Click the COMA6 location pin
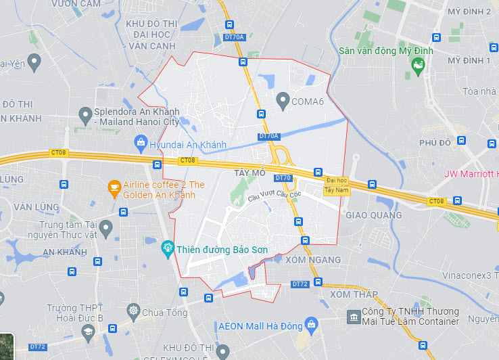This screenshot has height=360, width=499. coord(283,101)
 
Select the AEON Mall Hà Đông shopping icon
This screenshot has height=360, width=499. coord(311,325)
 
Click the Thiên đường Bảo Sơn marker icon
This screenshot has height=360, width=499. coord(168,250)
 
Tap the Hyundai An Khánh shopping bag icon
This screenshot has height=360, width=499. coord(140,142)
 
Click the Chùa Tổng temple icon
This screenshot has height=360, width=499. coord(133,312)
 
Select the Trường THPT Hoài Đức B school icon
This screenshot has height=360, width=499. coord(87,331)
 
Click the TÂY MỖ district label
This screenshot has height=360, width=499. coord(249,173)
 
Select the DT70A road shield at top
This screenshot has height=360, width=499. coord(234,37)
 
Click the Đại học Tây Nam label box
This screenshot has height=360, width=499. coord(336,185)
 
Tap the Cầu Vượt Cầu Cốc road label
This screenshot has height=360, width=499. coord(274,196)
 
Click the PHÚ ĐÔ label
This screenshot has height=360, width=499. coord(435,143)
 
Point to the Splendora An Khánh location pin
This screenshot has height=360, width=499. coord(85,115)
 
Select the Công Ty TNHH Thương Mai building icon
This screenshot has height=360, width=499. coord(352,317)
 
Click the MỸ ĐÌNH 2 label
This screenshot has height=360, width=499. coord(469,12)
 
